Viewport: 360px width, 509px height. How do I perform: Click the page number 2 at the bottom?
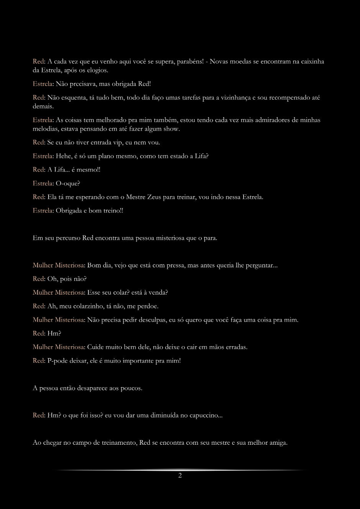coord(180,476)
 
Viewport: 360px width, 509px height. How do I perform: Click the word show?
coord(172,129)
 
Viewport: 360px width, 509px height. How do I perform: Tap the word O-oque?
coord(68,183)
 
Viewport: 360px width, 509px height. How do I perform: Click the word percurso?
coord(68,238)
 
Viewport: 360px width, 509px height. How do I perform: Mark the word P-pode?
coord(57,361)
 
